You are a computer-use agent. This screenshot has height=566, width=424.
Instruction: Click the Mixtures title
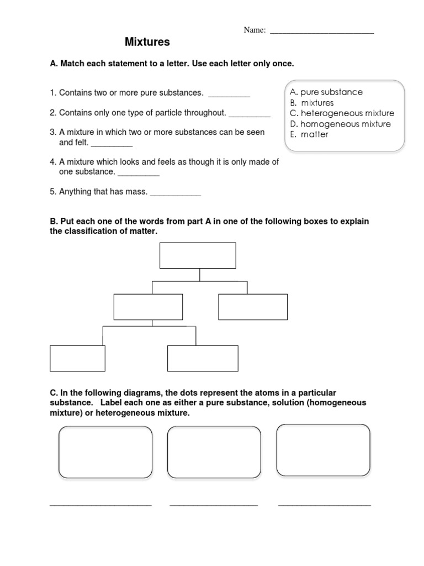pyautogui.click(x=147, y=42)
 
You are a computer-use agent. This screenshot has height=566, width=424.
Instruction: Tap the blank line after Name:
pyautogui.click(x=321, y=32)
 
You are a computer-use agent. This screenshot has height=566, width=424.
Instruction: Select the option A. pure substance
pyautogui.click(x=326, y=92)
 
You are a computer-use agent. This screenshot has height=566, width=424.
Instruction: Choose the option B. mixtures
pyautogui.click(x=312, y=103)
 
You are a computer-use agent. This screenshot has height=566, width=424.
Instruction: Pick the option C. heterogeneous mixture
pyautogui.click(x=342, y=113)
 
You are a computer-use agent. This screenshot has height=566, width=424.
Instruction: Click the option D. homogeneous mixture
pyautogui.click(x=340, y=124)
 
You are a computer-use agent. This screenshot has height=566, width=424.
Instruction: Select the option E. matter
pyautogui.click(x=309, y=134)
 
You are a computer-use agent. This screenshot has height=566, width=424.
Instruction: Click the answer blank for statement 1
pyautogui.click(x=229, y=95)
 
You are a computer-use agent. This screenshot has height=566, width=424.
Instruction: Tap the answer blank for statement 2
pyautogui.click(x=250, y=115)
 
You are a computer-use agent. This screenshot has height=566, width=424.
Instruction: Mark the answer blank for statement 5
pyautogui.click(x=176, y=195)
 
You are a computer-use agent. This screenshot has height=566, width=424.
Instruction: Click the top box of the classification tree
pyautogui.click(x=198, y=255)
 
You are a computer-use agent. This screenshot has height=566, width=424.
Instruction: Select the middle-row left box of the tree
pyautogui.click(x=148, y=307)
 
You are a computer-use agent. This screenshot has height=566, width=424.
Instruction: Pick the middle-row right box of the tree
pyautogui.click(x=253, y=307)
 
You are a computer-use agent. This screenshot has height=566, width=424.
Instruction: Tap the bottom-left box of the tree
pyautogui.click(x=77, y=358)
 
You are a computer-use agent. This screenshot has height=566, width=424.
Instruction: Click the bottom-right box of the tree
pyautogui.click(x=203, y=358)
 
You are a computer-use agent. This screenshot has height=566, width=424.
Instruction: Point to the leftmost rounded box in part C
pyautogui.click(x=105, y=452)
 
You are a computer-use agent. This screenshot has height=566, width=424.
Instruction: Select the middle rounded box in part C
pyautogui.click(x=214, y=452)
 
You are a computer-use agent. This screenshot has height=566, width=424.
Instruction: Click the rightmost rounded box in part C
pyautogui.click(x=323, y=450)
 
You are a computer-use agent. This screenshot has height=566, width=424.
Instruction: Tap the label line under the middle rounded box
pyautogui.click(x=214, y=504)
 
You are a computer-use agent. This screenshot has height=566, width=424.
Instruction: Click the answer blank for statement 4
pyautogui.click(x=139, y=175)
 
